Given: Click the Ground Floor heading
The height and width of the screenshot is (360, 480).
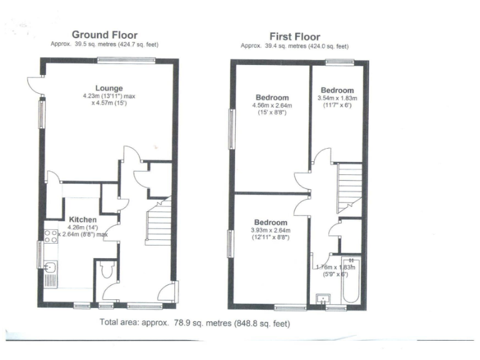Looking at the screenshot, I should click(x=104, y=35).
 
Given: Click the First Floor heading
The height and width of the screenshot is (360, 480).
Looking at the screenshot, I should click(x=294, y=37).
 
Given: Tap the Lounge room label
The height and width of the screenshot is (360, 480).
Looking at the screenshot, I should click(x=109, y=88).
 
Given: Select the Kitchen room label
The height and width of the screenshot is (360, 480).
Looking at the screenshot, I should click(x=82, y=219).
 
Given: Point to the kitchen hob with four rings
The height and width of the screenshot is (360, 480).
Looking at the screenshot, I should click(x=50, y=236).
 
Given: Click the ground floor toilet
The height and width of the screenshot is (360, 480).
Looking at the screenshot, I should click(x=106, y=270).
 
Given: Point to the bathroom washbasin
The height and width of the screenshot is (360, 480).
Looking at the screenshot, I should click(x=322, y=298).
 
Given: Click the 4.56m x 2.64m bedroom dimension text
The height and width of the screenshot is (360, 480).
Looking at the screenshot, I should click(x=272, y=109).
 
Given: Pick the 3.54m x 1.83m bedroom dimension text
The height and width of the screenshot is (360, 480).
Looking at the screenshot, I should click(x=337, y=102).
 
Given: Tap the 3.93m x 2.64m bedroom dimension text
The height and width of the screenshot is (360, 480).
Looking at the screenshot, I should click(x=271, y=234).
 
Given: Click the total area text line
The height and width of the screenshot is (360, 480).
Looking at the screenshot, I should click(x=195, y=324).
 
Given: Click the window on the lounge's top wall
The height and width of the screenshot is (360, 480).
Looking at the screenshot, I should click(x=117, y=59).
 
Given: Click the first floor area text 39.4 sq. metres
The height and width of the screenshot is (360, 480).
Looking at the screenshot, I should click(x=294, y=46).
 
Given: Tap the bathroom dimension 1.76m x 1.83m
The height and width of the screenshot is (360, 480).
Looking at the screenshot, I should click(x=335, y=269).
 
